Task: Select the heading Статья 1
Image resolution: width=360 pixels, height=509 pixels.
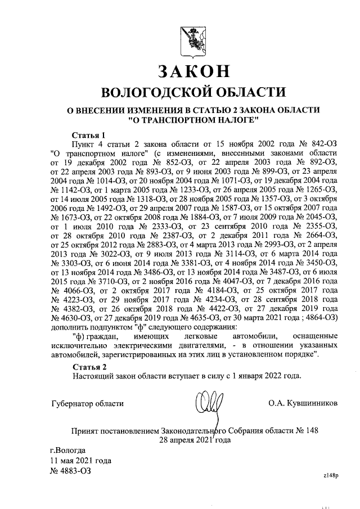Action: [89, 136]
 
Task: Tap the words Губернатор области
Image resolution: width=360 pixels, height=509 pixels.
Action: [87, 403]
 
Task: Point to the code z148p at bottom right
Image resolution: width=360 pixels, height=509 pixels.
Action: [331, 476]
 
